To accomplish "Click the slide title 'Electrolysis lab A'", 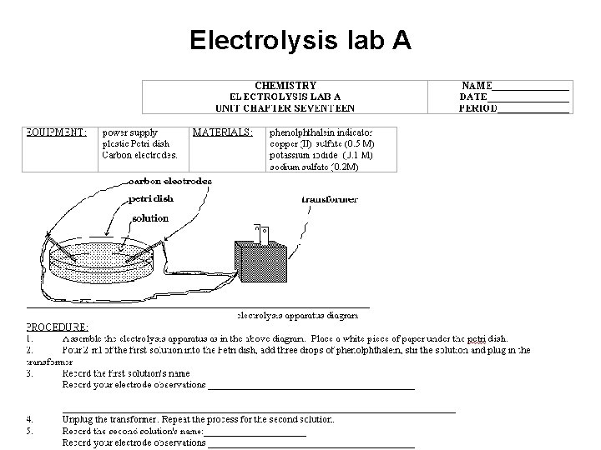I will tap(300, 40).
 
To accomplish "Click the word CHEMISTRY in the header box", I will tap(285, 86).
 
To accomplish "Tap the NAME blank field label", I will tap(477, 86).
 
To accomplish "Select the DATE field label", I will tap(473, 97).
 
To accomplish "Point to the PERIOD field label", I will tap(478, 107).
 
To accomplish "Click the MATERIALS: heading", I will tap(222, 132).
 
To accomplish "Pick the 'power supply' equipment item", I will tap(129, 132).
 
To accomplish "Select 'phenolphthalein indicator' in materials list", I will tap(321, 132).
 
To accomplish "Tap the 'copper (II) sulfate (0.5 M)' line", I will tap(321, 144).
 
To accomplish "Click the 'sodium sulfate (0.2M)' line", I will tap(313, 167).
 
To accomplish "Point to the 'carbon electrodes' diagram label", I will tap(169, 181).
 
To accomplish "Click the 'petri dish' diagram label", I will tap(151, 199).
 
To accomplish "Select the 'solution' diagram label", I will tap(150, 217).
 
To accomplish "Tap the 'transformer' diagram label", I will tap(329, 199).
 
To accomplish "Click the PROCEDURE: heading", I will tap(57, 327).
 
